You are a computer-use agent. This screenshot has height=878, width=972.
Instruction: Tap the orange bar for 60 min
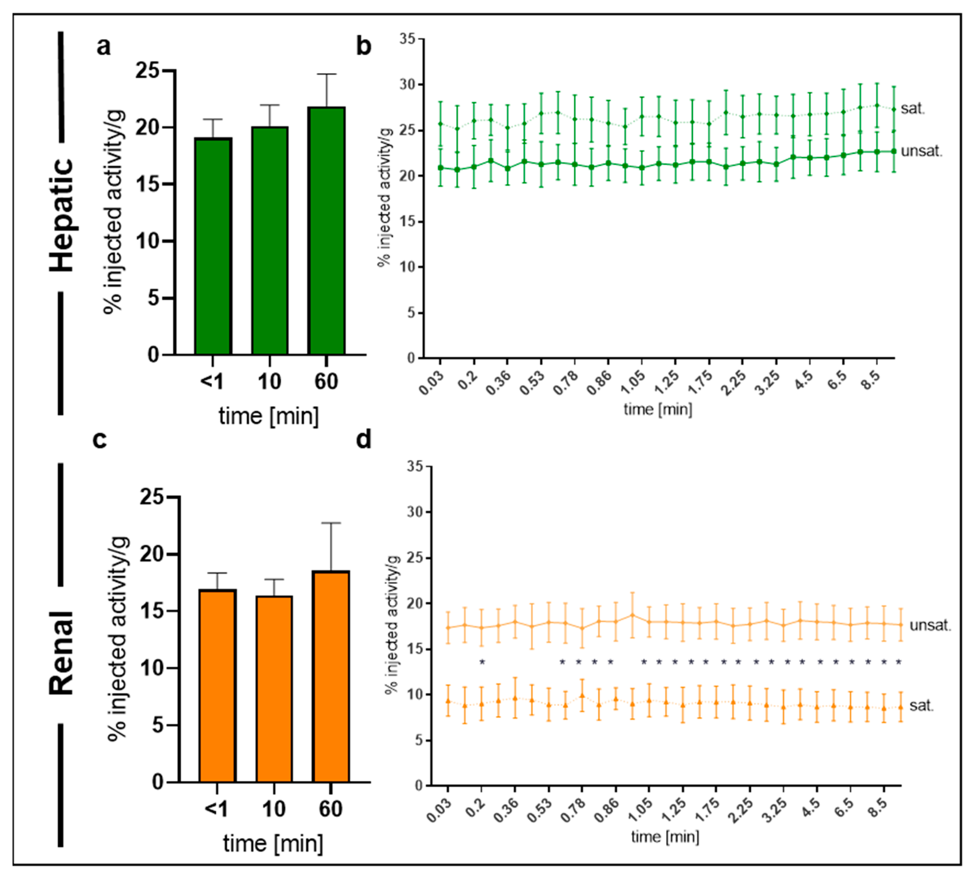coord(331,677)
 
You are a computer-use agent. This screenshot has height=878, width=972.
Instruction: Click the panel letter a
coord(104,47)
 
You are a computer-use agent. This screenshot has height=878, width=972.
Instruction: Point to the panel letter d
coord(364,439)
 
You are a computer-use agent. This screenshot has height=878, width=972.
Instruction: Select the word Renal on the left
coord(62,653)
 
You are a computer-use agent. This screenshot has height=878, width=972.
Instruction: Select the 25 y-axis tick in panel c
coord(152,497)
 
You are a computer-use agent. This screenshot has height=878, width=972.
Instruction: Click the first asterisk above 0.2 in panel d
coord(482,662)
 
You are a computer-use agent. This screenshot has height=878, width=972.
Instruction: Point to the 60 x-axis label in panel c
coord(331,809)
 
